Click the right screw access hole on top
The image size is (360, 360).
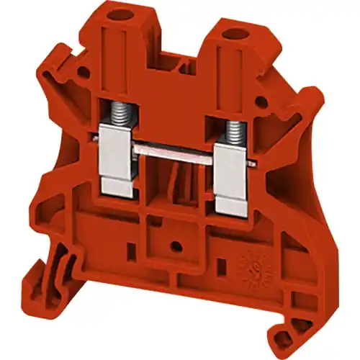(233, 34)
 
